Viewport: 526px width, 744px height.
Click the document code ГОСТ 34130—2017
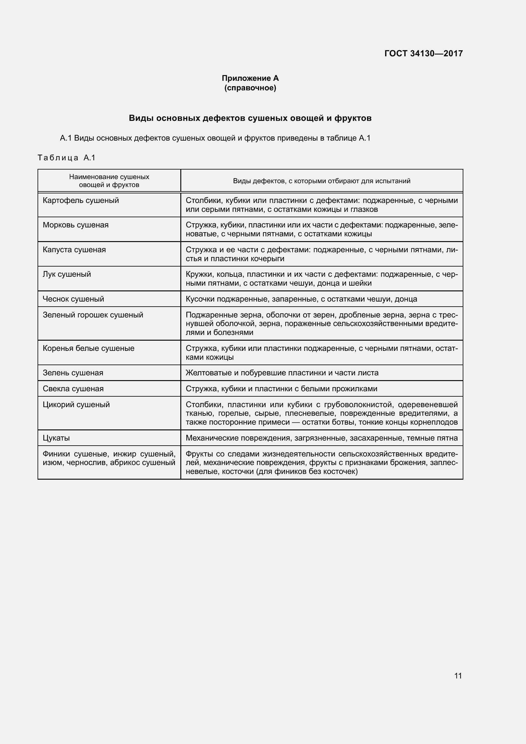[423, 53]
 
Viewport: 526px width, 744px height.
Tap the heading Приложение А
[250, 78]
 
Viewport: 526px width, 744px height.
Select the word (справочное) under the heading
[250, 88]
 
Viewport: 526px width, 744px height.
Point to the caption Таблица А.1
[67, 158]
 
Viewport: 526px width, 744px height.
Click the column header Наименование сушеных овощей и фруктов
[109, 181]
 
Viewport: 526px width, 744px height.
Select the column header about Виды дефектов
[322, 181]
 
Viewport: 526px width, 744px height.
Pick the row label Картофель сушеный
[81, 200]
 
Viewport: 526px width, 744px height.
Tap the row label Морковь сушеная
[76, 225]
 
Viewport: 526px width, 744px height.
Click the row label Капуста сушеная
[74, 249]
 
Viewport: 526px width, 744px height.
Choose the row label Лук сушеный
[67, 274]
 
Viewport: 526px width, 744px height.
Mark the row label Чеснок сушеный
[73, 299]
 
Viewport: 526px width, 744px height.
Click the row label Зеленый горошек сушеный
[93, 315]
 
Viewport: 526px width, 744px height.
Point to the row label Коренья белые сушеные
[89, 348]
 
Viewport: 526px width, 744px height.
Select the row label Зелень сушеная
[73, 373]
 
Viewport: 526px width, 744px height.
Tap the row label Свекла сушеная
[73, 388]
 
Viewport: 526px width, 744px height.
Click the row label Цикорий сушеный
[76, 404]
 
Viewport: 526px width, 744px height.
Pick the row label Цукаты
[56, 438]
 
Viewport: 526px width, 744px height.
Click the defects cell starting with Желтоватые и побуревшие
[282, 373]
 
